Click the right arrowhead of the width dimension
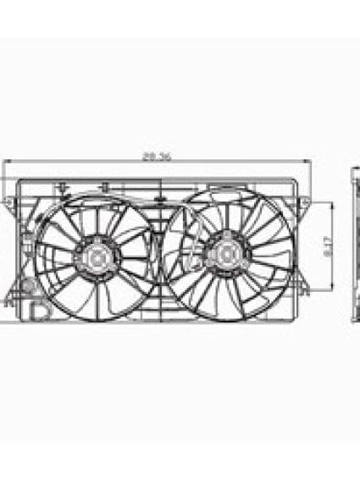coord(309,163)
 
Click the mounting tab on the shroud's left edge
coord(8,202)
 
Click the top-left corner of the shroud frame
coord(20,179)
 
